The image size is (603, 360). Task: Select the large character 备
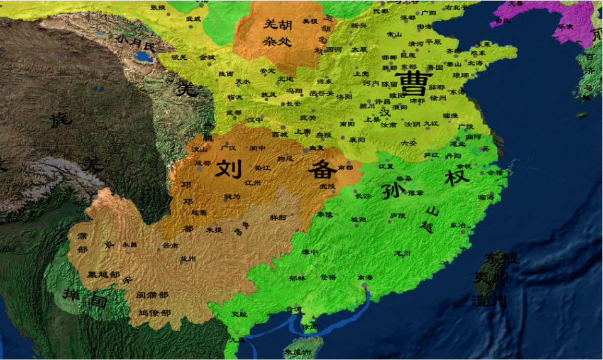coord(321,169)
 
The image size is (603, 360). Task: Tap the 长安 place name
coord(294,104)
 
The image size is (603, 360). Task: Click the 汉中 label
coord(255,119)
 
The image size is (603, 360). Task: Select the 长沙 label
coord(363,196)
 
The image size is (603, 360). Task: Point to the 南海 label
coord(365,277)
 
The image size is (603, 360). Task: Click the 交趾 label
coord(240,314)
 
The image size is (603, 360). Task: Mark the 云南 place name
coord(170,245)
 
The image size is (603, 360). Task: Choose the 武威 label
coord(193,19)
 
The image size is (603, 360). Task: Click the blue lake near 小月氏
coord(144,58)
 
